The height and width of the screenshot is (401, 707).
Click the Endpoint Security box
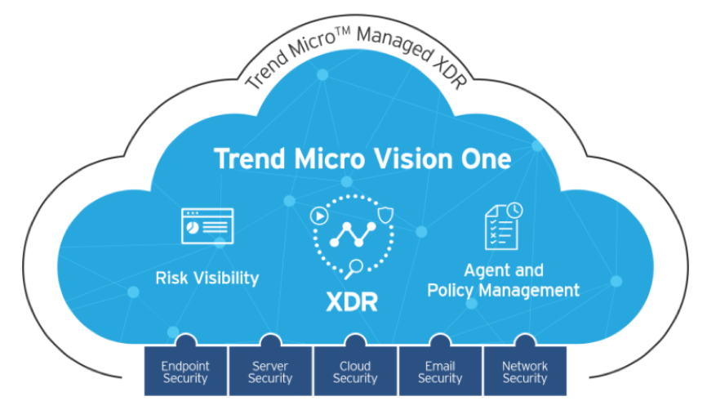tap(185, 372)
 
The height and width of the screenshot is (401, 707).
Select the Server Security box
tap(270, 372)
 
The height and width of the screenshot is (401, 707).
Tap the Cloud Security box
tap(355, 372)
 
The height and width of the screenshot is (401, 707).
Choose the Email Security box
tap(440, 372)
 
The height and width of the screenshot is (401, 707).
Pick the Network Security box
tap(525, 372)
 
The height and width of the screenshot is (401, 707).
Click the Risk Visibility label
tap(207, 278)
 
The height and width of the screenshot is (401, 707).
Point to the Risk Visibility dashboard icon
tap(207, 225)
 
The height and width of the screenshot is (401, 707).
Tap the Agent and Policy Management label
tap(503, 279)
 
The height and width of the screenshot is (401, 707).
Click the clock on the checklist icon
tap(514, 211)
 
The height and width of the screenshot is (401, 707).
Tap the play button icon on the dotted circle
tap(319, 217)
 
